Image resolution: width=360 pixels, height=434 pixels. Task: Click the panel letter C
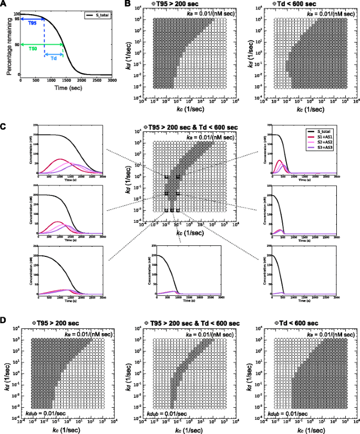4,127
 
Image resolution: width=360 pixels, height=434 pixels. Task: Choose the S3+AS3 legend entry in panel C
328,149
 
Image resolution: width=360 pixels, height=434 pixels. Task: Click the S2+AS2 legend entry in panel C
328,143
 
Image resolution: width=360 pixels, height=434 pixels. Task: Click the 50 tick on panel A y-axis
17,45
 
